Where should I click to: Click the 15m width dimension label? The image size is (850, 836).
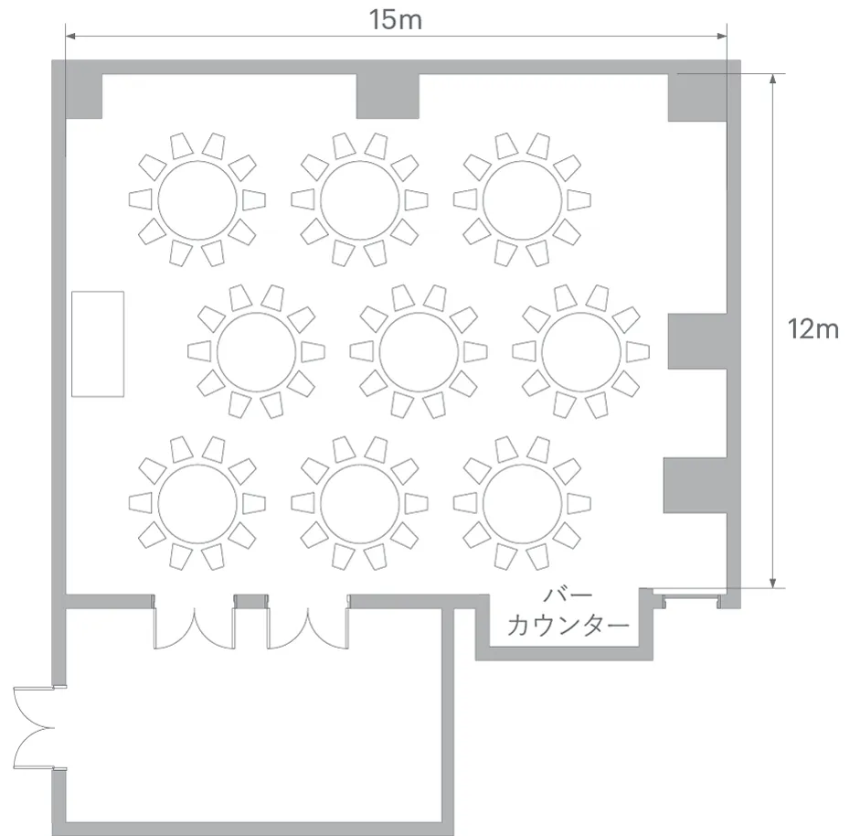pos(396,20)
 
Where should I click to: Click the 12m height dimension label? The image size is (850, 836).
pos(813,329)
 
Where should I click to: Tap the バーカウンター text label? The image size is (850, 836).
pos(568,611)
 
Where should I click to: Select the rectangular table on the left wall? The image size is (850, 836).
pos(98,344)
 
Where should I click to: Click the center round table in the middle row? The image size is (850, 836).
pos(419,352)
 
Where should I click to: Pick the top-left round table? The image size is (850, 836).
pos(197,200)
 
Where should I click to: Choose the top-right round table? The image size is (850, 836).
pos(522,200)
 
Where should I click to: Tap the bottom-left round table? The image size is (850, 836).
pos(197,503)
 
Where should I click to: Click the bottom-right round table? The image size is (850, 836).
pos(522,503)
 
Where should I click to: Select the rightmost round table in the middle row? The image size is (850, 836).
pos(581,352)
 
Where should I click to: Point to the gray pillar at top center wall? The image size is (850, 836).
pos(388,95)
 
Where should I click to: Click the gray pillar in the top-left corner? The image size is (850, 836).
pos(83,95)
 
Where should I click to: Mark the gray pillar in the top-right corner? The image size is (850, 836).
pos(697,97)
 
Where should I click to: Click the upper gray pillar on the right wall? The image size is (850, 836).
pos(697,341)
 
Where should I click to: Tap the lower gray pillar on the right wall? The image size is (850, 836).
pos(695,485)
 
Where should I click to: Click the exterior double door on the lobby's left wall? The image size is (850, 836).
pos(34,728)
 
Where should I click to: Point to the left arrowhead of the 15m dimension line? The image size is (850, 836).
pos(70,37)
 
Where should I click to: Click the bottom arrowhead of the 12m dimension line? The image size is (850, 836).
pos(773,583)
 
